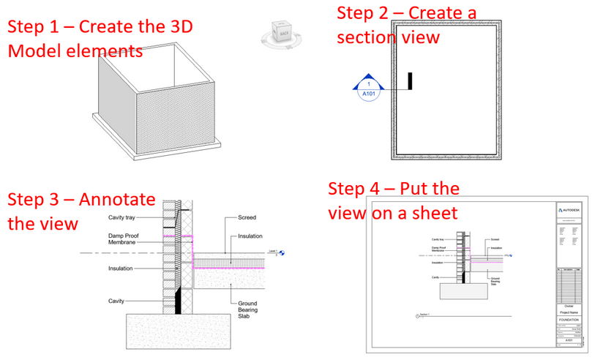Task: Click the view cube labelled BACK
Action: (282, 34)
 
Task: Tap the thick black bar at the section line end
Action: (411, 81)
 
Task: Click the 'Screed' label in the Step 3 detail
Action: (247, 217)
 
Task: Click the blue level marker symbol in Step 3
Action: (282, 252)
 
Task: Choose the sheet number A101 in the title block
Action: (569, 340)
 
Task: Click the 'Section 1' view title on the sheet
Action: (424, 315)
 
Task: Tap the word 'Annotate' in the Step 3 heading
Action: (116, 200)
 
